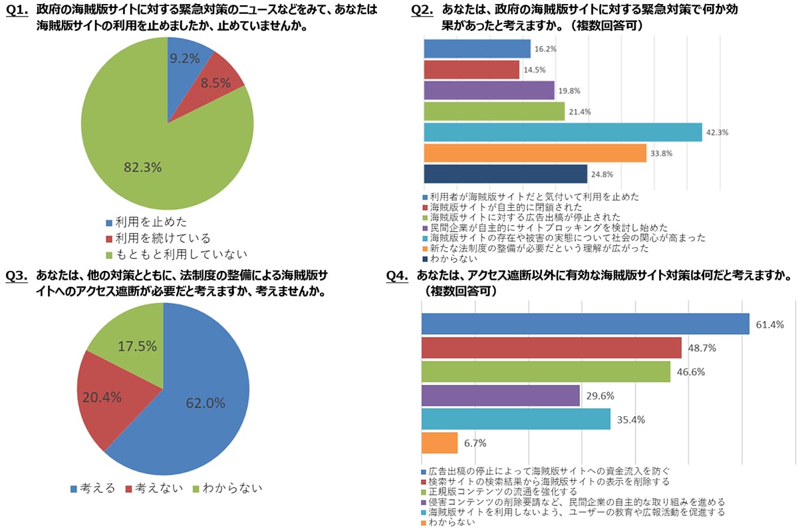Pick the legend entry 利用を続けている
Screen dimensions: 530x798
[x=162, y=238]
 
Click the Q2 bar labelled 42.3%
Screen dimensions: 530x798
[x=563, y=132]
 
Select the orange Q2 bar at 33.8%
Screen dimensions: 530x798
[x=535, y=153]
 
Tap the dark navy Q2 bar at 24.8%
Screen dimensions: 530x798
[x=505, y=174]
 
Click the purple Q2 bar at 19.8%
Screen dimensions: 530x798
[x=489, y=91]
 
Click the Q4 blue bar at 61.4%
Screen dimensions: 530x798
[x=585, y=324]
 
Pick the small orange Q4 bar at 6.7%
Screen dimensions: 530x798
[x=440, y=443]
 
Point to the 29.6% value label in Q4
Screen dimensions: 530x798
[x=600, y=396]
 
